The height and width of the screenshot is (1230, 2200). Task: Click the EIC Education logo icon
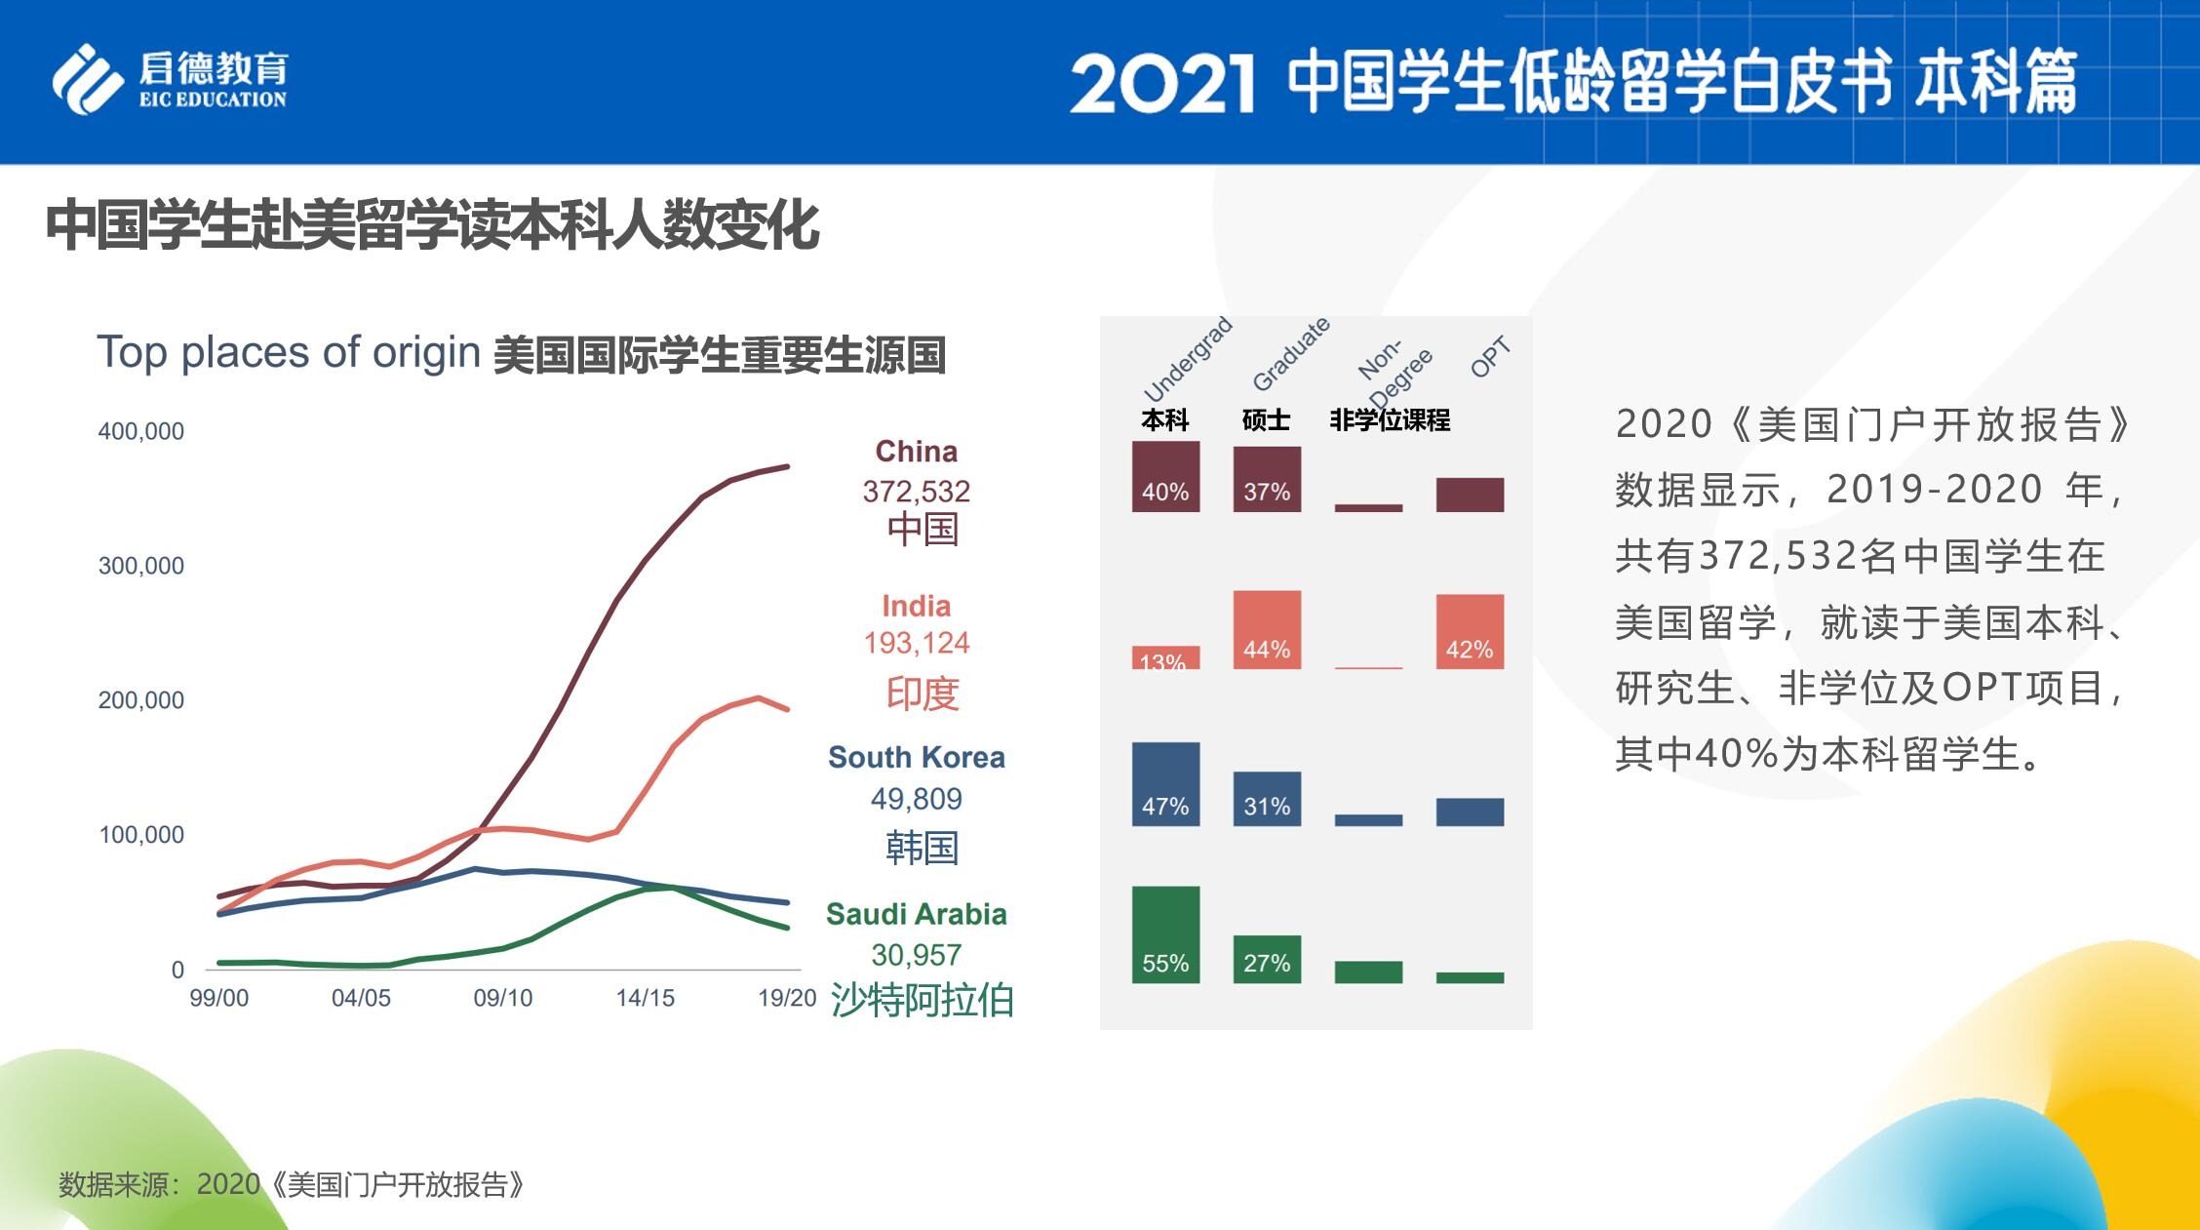[88, 79]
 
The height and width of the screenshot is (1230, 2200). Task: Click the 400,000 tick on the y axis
[140, 431]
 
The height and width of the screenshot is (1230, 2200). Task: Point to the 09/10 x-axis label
[502, 998]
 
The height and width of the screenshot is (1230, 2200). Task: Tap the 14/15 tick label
[645, 998]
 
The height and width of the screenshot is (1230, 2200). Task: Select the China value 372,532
[916, 491]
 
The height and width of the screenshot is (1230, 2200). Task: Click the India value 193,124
[916, 643]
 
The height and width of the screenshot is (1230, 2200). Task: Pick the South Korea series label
[916, 757]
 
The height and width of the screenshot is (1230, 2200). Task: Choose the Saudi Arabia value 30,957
[916, 954]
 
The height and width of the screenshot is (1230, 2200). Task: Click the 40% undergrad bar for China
[1165, 477]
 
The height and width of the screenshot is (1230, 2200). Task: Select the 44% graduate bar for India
[1267, 630]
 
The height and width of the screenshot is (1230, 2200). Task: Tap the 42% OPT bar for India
[1470, 632]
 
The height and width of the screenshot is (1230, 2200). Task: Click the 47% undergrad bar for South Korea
[1165, 784]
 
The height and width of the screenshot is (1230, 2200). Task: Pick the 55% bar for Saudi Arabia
[1165, 934]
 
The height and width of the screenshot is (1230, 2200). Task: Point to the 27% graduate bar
[1267, 959]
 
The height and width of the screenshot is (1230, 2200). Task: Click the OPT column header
[1489, 357]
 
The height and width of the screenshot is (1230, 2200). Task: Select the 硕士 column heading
[1266, 420]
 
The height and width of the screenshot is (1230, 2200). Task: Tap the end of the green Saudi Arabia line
[787, 927]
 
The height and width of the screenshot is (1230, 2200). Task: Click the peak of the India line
[758, 697]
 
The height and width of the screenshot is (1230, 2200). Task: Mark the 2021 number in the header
[1161, 84]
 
